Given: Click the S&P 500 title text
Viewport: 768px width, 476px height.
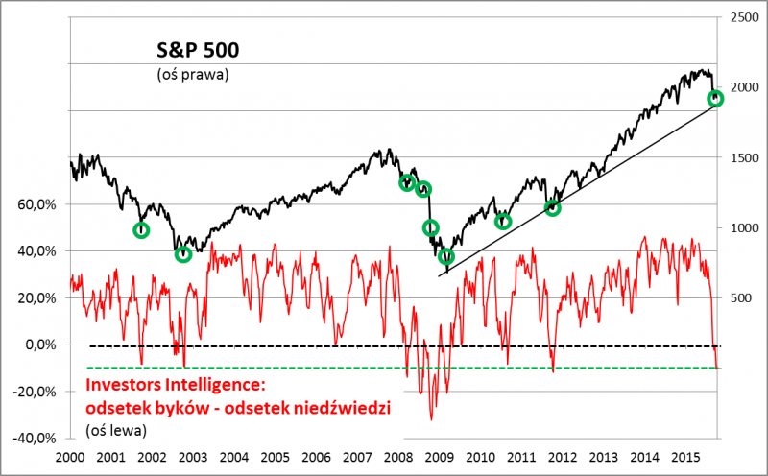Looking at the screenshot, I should [x=198, y=51].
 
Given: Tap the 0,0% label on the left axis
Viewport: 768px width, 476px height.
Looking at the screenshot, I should [x=43, y=345].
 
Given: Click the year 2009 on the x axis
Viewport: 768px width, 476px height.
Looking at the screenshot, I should [x=440, y=458].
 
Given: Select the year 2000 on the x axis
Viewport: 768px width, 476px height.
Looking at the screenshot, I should [x=71, y=458].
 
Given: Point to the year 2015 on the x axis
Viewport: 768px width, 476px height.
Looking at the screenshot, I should [x=685, y=458].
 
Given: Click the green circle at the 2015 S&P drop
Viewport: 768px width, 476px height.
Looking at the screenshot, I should [x=715, y=99].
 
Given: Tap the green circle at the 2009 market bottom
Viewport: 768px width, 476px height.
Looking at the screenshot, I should [x=446, y=256].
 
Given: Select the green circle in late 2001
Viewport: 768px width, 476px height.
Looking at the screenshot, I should [x=141, y=230].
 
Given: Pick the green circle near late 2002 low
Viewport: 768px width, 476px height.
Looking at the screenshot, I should [x=183, y=254].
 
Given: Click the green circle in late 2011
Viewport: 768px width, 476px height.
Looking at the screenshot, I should [x=552, y=207].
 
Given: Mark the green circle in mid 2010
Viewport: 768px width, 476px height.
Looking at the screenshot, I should [x=503, y=222].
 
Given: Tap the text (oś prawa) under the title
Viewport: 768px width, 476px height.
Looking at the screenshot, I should [x=192, y=74].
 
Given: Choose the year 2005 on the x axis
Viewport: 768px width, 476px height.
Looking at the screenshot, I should [x=276, y=458].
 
